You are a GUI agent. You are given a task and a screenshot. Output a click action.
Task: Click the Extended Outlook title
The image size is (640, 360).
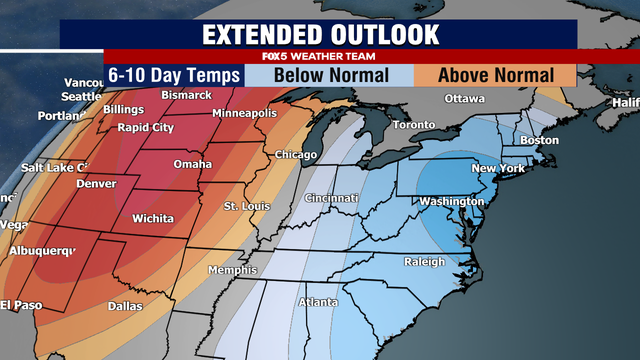tap(320, 33)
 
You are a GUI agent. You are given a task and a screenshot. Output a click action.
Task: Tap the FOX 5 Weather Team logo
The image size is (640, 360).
tap(319, 57)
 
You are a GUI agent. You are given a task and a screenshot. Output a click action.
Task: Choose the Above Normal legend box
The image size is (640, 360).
tap(497, 75)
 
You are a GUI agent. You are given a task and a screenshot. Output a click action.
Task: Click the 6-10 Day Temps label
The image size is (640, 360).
tap(175, 75)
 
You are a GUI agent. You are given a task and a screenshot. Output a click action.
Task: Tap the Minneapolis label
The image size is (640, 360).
tap(244, 113)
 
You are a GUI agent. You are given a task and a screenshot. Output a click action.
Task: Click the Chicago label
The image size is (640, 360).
tap(295, 155)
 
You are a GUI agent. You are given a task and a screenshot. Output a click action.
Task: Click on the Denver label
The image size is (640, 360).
tap(96, 184)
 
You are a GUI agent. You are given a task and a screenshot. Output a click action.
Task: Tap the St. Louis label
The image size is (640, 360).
tap(244, 206)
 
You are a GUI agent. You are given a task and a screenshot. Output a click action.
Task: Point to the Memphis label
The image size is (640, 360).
tap(231, 271)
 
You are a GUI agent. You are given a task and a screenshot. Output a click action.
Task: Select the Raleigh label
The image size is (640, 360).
tap(424, 262)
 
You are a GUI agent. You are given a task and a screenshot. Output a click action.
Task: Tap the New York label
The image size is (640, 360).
tap(498, 169)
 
